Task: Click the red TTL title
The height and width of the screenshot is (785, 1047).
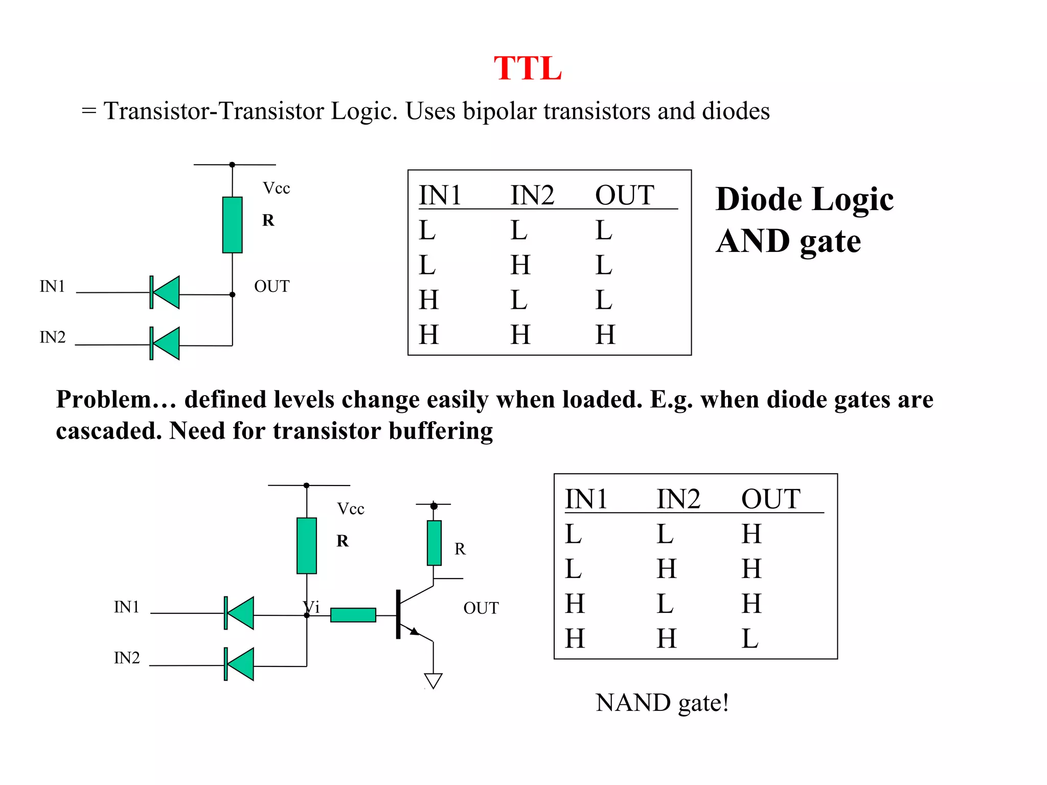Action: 528,68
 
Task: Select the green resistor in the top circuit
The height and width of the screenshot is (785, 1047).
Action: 232,225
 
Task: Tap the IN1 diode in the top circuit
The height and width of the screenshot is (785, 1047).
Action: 165,292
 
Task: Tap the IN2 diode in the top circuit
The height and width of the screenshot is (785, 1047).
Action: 165,343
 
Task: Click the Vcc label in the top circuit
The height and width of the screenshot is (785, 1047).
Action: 276,189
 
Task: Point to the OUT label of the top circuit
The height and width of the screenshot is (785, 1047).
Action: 271,286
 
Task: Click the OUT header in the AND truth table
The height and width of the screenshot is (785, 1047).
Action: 624,195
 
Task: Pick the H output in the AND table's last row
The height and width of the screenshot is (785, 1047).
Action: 605,335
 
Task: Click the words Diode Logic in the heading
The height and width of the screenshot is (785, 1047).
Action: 804,199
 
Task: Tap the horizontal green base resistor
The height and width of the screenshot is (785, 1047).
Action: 353,615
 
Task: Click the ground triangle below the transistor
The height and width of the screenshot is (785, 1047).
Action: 433,680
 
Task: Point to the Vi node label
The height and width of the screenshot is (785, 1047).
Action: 311,607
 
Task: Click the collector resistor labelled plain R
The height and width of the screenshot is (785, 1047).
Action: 434,543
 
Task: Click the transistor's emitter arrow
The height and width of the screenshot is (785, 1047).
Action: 414,632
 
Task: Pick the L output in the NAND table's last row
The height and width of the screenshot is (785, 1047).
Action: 749,639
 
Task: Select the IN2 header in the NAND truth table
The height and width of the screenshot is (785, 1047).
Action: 678,499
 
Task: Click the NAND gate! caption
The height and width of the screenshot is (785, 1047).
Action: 662,703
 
